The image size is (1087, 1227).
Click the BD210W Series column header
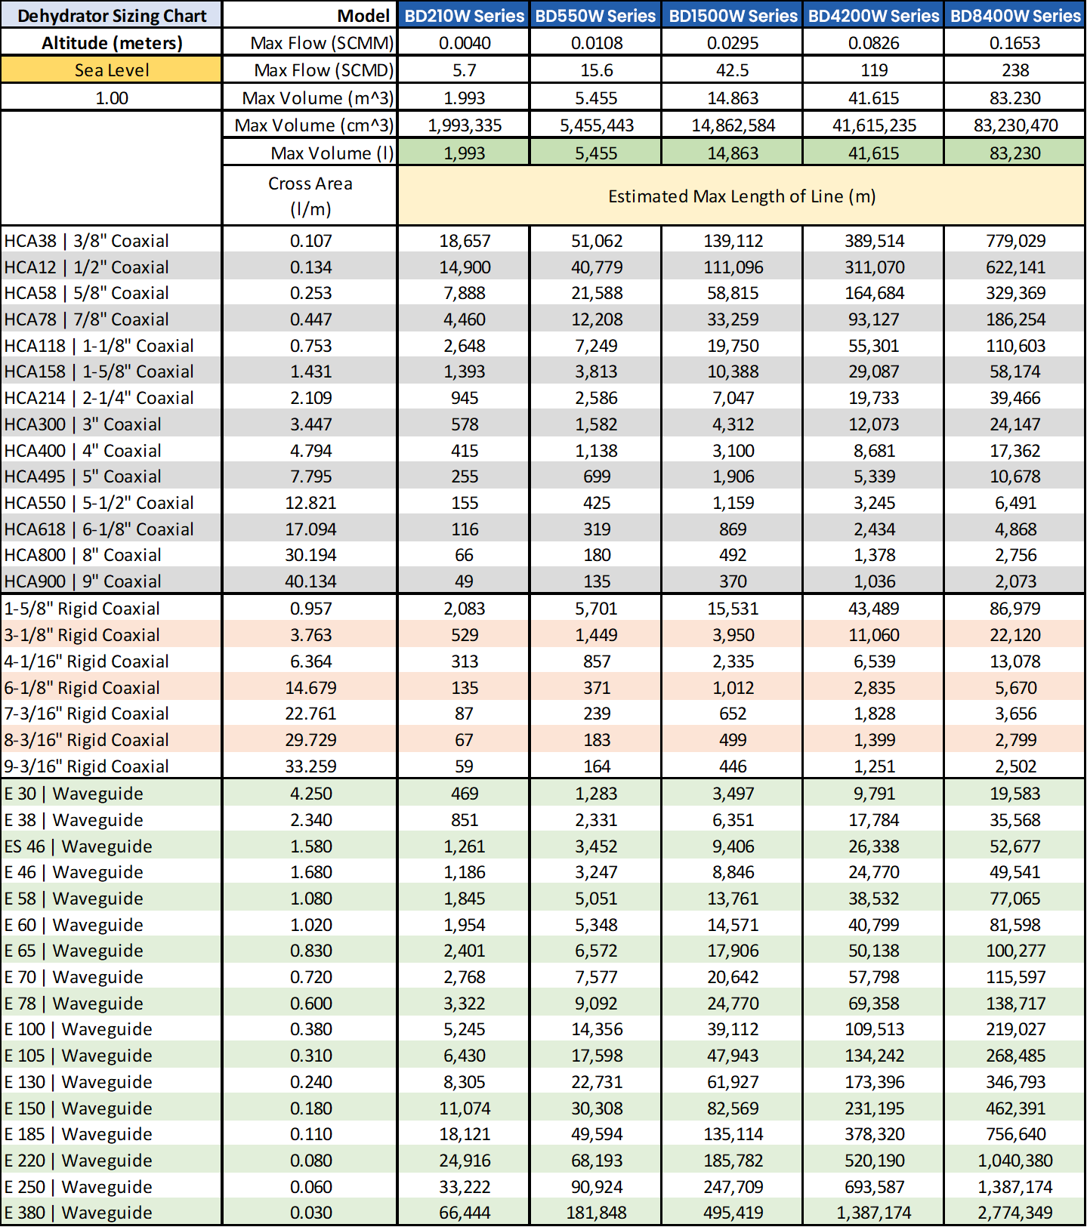point(464,15)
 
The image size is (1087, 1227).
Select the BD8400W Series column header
point(1015,15)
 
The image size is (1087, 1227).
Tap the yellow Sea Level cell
point(112,70)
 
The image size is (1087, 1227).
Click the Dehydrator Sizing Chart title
point(112,15)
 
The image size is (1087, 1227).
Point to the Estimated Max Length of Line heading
point(741,196)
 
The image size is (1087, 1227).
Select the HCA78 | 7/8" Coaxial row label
point(87,319)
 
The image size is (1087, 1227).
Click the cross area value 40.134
point(310,581)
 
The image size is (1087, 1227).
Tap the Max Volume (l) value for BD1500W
point(732,153)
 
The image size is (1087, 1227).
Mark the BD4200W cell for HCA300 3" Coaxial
point(873,424)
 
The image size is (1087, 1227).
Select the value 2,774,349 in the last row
point(1015,1213)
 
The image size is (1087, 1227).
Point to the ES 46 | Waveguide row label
point(79,846)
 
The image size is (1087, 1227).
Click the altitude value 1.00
point(112,98)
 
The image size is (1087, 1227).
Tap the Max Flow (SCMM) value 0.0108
point(596,43)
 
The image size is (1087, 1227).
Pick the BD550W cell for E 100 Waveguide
point(596,1029)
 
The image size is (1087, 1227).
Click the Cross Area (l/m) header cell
point(310,196)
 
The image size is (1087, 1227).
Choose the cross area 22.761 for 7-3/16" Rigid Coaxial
point(310,714)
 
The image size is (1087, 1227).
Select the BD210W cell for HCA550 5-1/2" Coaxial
point(464,503)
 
